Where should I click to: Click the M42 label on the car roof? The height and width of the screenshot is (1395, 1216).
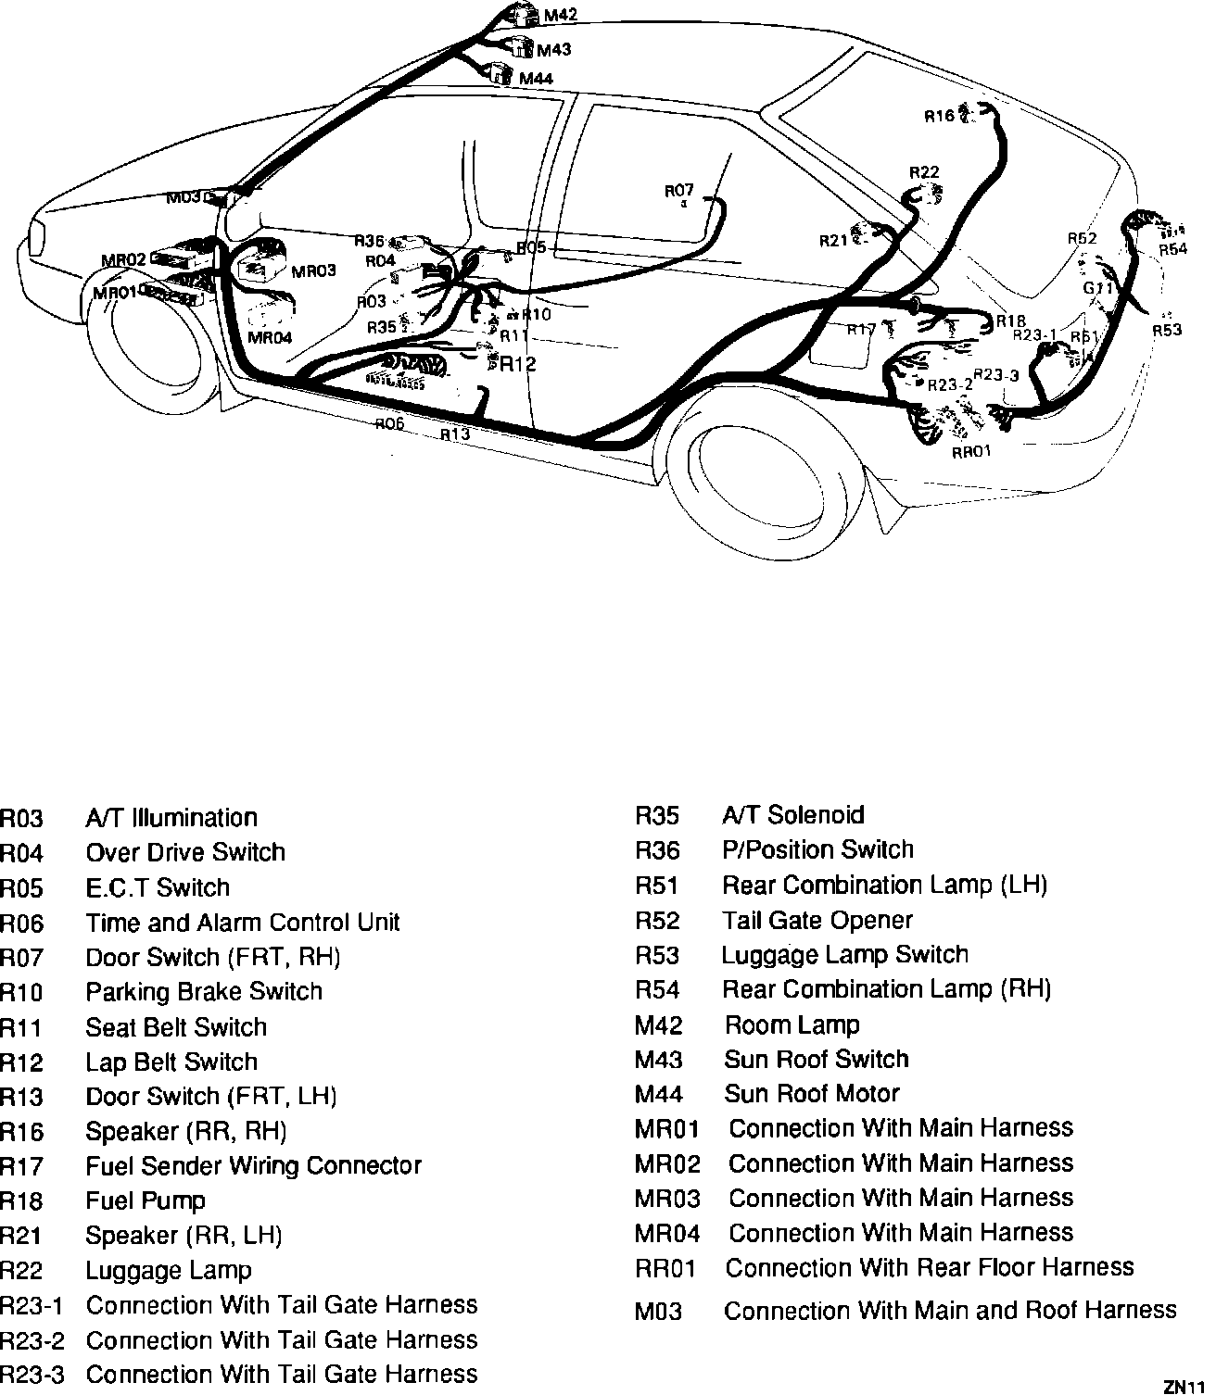(561, 15)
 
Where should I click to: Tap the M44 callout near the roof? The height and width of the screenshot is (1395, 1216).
(536, 79)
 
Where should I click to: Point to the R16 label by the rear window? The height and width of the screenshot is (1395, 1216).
(939, 116)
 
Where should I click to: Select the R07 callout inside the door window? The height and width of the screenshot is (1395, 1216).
(679, 191)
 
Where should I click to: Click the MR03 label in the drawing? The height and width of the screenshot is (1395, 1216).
(313, 271)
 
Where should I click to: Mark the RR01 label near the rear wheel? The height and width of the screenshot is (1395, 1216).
(971, 452)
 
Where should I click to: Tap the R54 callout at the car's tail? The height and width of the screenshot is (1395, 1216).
(1172, 248)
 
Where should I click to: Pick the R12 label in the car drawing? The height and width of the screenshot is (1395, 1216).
(518, 364)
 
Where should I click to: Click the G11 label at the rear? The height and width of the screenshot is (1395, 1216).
(1097, 288)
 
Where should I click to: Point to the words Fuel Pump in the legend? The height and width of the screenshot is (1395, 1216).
(146, 1201)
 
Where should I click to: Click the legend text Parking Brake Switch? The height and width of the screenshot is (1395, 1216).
(204, 992)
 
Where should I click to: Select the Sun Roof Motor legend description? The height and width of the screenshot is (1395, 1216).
(812, 1094)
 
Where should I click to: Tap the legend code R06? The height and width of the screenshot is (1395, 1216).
(21, 924)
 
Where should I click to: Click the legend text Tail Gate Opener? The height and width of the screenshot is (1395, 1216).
(817, 921)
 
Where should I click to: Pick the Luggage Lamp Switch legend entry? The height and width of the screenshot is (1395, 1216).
(845, 955)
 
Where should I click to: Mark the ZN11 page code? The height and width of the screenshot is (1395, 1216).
(1184, 1387)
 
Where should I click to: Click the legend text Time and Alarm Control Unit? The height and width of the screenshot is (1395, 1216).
(243, 923)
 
